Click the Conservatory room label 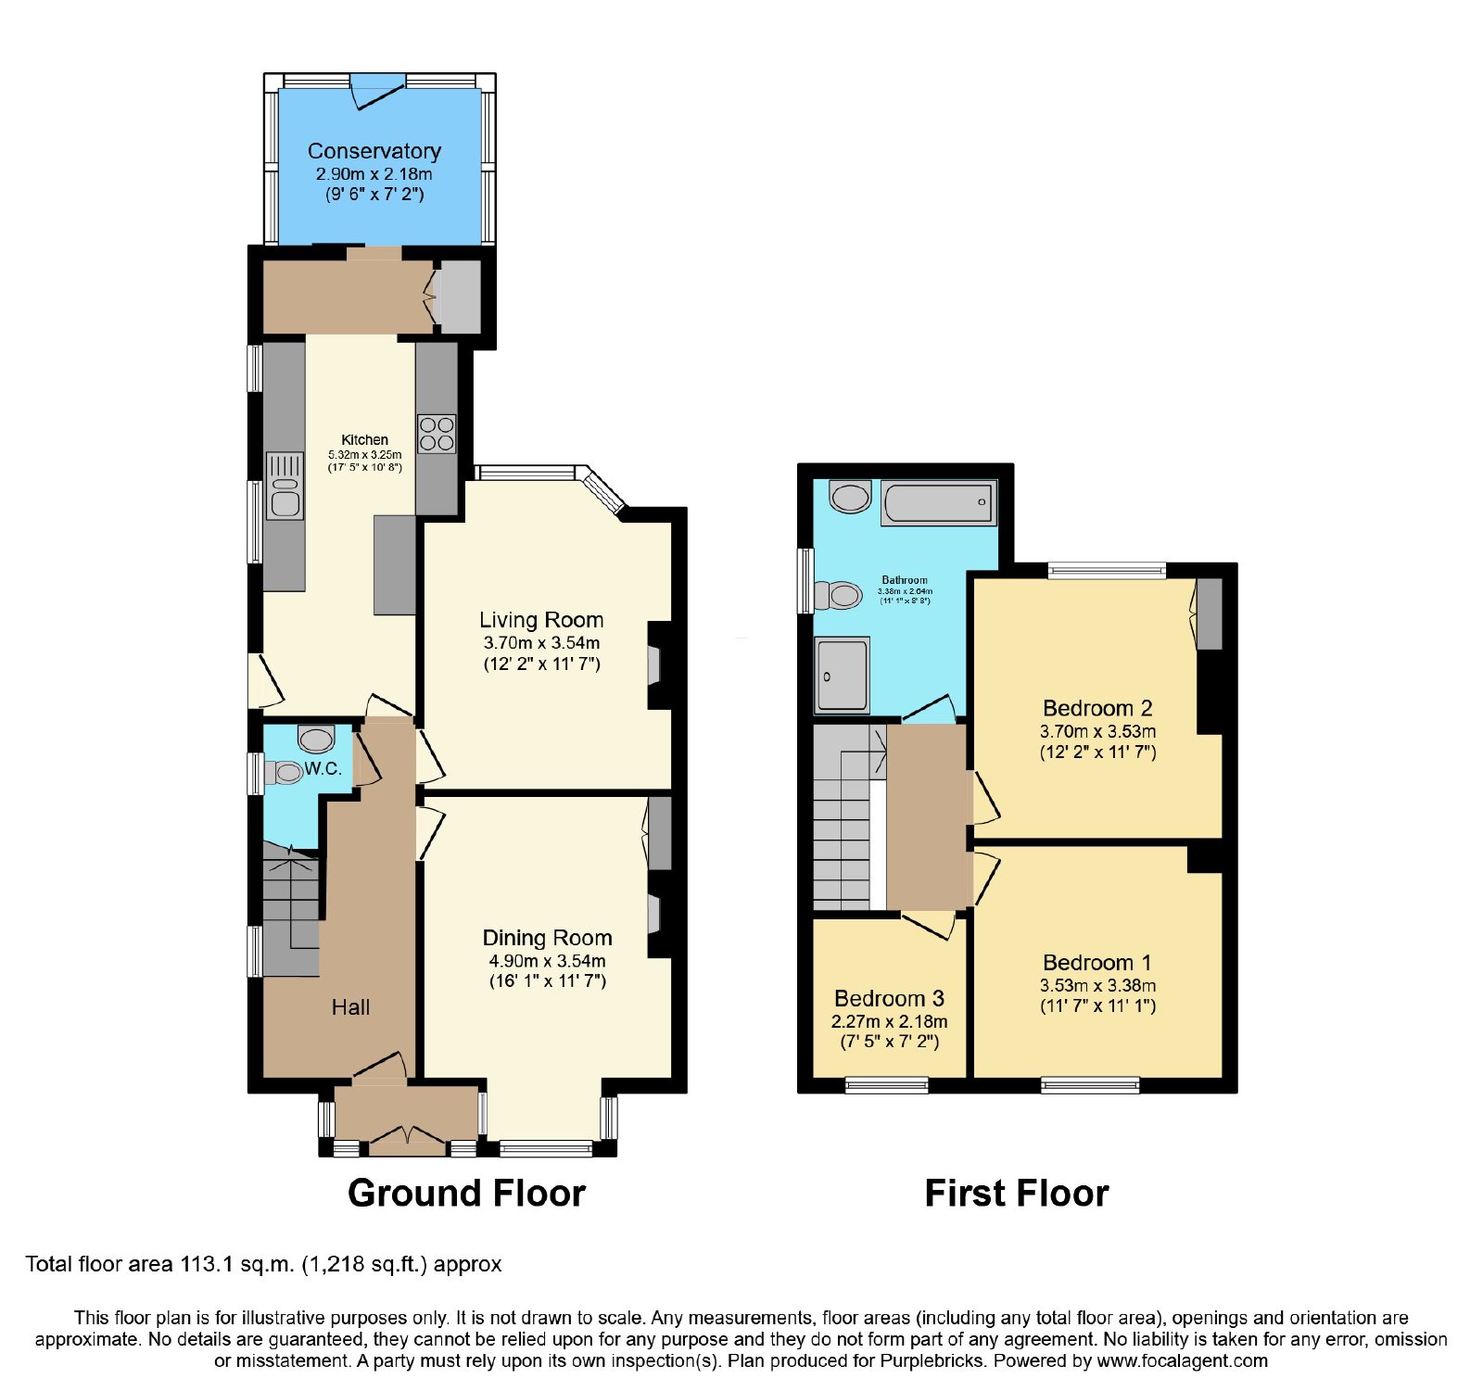pyautogui.click(x=374, y=151)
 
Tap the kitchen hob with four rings pyautogui.click(x=437, y=434)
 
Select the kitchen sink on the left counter pyautogui.click(x=285, y=486)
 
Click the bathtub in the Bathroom pyautogui.click(x=938, y=503)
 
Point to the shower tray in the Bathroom pyautogui.click(x=842, y=675)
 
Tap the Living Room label pyautogui.click(x=541, y=620)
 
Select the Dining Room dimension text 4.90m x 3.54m pyautogui.click(x=548, y=961)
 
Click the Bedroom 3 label pyautogui.click(x=889, y=998)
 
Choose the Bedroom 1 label pyautogui.click(x=1097, y=963)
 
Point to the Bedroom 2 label pyautogui.click(x=1097, y=708)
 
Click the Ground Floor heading pyautogui.click(x=466, y=1194)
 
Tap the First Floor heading pyautogui.click(x=1017, y=1194)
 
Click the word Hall pyautogui.click(x=350, y=1007)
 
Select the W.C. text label pyautogui.click(x=323, y=769)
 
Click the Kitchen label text pyautogui.click(x=365, y=439)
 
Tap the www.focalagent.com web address pyautogui.click(x=1183, y=1361)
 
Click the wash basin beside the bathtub pyautogui.click(x=850, y=496)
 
